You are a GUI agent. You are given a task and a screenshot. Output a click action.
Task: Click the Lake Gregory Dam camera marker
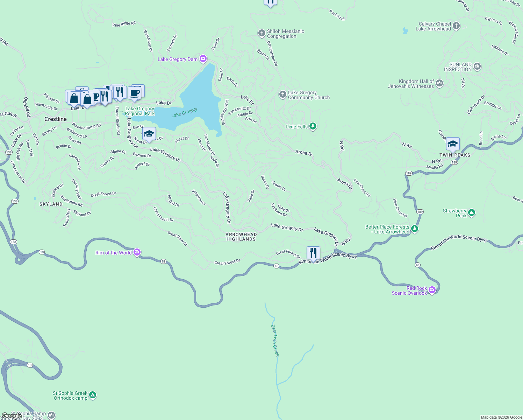click(203, 59)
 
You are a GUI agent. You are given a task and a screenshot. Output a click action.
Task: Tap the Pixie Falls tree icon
click(313, 126)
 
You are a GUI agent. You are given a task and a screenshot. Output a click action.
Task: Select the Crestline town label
click(56, 119)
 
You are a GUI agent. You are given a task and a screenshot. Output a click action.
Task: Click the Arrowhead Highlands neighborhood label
click(241, 237)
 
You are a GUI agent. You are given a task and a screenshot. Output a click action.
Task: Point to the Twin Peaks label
click(455, 155)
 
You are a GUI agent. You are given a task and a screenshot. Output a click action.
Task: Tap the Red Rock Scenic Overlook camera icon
click(432, 290)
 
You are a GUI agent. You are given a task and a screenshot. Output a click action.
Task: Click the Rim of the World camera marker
click(137, 252)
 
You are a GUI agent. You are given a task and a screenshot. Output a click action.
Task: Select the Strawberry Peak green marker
click(471, 212)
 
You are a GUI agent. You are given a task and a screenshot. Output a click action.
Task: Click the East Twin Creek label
click(275, 340)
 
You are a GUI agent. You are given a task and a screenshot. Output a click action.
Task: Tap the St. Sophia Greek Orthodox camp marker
click(93, 395)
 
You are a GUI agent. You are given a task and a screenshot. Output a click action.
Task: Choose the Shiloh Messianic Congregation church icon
click(261, 33)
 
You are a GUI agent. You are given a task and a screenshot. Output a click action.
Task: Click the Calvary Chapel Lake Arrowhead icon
click(456, 26)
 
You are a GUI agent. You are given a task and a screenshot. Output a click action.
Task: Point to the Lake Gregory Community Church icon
click(282, 94)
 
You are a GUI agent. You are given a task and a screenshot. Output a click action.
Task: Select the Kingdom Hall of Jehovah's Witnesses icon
click(439, 83)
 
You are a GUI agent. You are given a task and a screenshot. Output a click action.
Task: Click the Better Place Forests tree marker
click(415, 229)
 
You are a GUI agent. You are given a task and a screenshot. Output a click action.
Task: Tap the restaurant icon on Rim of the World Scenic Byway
click(313, 253)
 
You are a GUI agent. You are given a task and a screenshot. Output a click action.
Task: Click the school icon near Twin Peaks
click(453, 144)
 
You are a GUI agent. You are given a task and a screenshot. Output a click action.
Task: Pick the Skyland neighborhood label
click(51, 204)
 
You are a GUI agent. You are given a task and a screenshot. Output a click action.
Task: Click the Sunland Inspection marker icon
click(477, 66)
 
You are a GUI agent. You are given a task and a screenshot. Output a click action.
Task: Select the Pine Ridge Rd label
click(124, 24)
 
